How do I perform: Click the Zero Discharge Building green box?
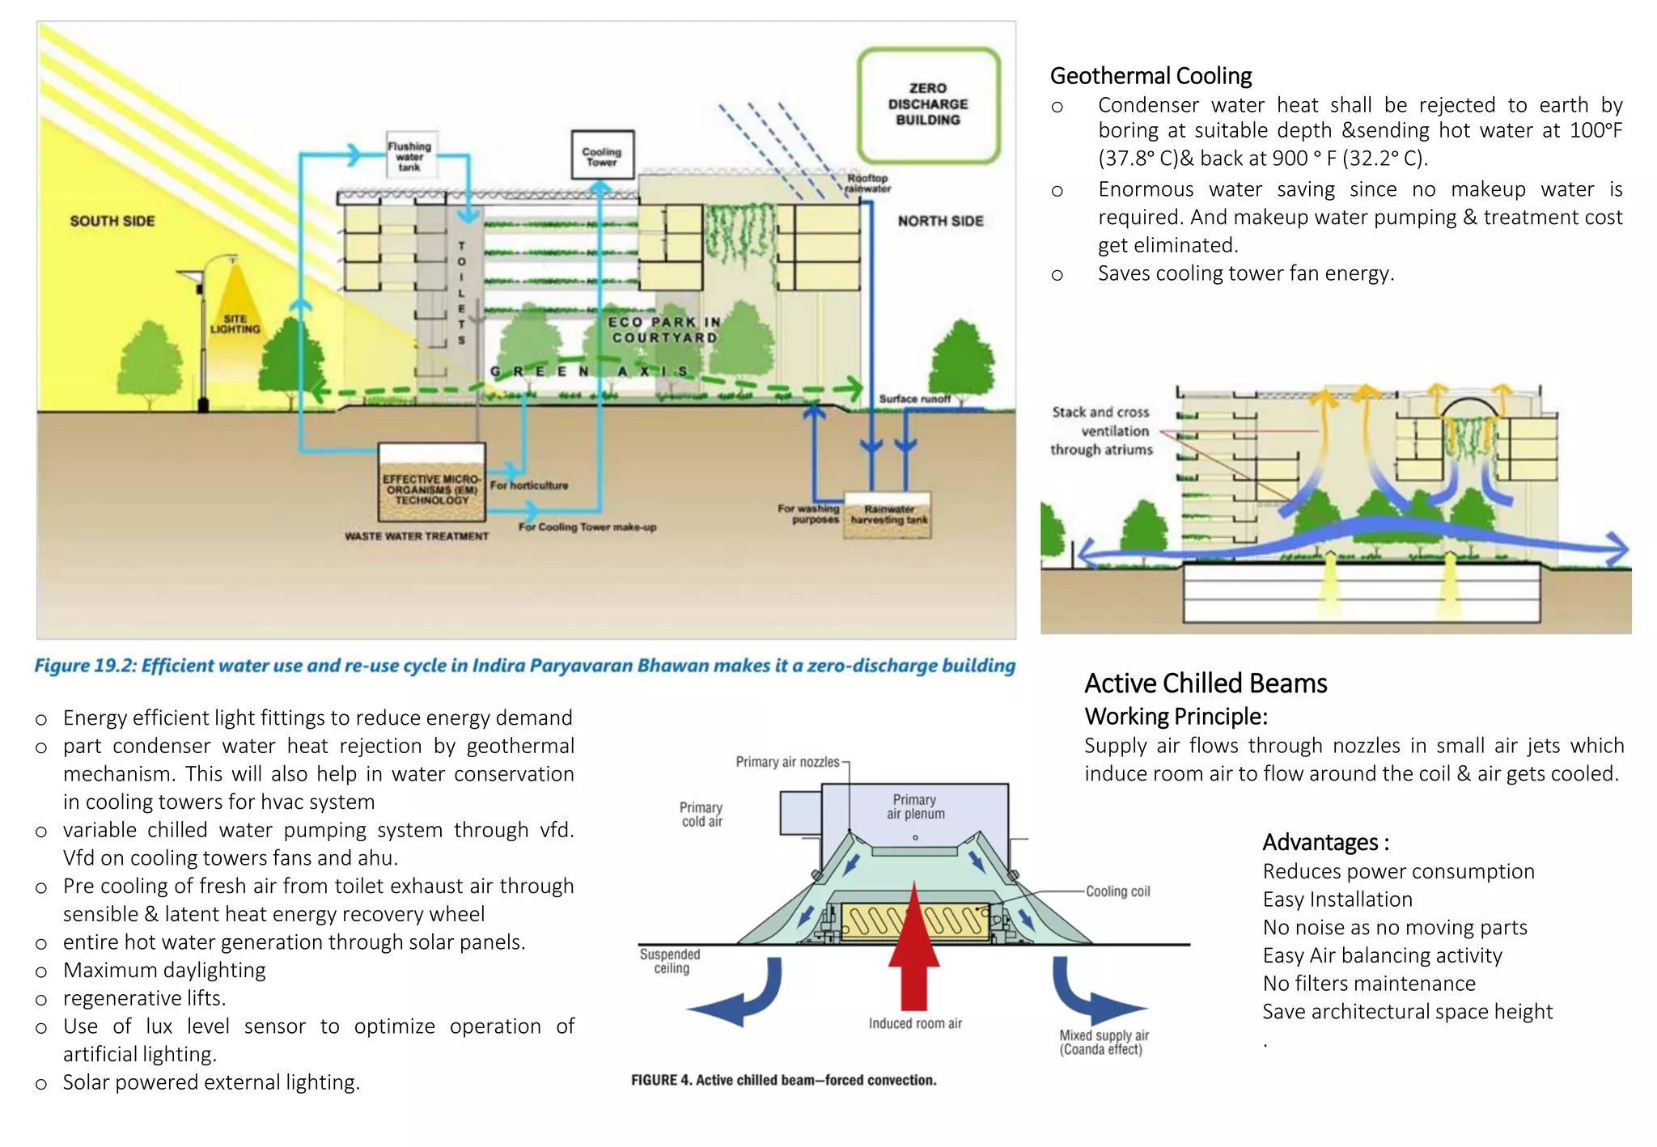coord(928,104)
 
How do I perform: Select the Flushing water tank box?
coord(411,155)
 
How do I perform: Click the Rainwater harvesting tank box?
coord(888,514)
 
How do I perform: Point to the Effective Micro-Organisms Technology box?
coord(431,484)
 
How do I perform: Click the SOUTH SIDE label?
coord(112,221)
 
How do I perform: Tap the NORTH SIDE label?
coord(940,221)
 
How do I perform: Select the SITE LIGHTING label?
coord(235,324)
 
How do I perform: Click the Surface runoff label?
coord(914,399)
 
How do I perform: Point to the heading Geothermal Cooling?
coord(1151,76)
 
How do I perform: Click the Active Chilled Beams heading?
coord(1206,684)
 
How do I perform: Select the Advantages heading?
coord(1325,842)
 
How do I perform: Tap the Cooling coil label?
coord(1117,891)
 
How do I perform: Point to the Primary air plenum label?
coord(915,806)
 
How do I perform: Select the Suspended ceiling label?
coord(670,961)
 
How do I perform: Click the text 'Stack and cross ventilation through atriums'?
coord(1101,430)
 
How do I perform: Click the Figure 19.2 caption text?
coord(524,666)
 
